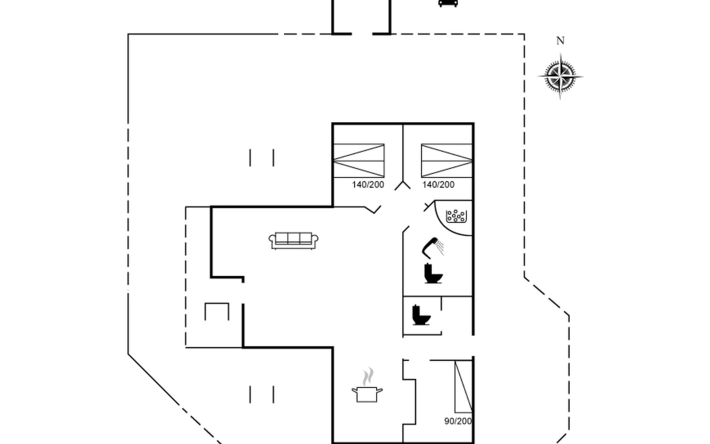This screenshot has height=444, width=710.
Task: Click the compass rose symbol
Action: click(560, 77)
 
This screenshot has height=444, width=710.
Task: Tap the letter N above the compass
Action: click(560, 41)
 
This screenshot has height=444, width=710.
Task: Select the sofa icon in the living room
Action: click(294, 240)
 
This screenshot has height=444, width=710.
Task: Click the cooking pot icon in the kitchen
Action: click(367, 392)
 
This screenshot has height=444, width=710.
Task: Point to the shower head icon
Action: click(432, 247)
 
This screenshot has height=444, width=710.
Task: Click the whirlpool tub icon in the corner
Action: click(456, 216)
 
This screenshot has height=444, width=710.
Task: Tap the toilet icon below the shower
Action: click(433, 273)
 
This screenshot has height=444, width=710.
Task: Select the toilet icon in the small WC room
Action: click(421, 315)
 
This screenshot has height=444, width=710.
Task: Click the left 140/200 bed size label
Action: click(368, 185)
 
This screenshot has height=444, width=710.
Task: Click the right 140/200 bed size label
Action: click(438, 185)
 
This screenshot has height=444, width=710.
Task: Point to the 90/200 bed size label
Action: click(458, 421)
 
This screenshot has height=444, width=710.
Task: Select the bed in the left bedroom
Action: click(359, 161)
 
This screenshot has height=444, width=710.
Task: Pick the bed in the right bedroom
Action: click(447, 161)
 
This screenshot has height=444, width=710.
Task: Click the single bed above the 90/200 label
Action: click(463, 386)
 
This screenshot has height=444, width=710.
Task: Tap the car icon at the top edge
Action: click(448, 3)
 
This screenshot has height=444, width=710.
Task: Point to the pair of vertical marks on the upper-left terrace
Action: click(262, 158)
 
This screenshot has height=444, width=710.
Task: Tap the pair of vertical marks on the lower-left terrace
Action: click(262, 394)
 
